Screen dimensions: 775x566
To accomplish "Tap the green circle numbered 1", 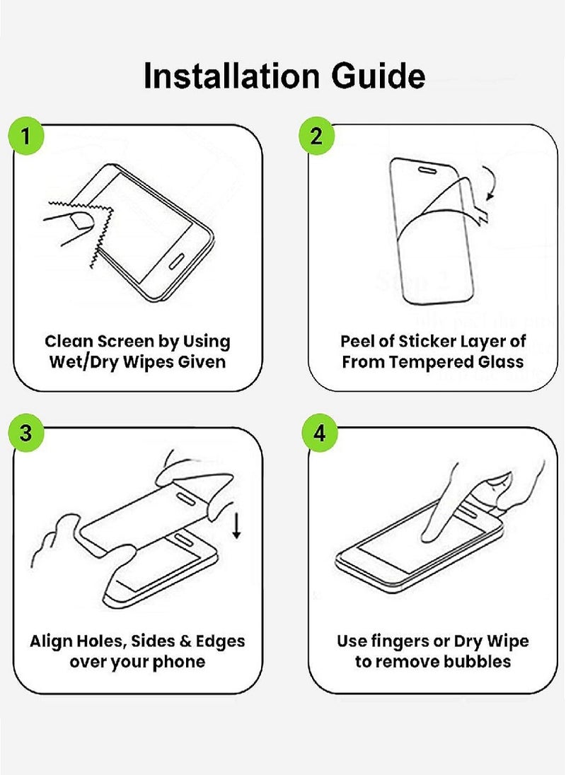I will click(25, 136).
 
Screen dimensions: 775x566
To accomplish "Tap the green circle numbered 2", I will click(316, 136).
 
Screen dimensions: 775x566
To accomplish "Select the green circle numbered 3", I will click(25, 433).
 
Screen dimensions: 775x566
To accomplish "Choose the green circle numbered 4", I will click(319, 433).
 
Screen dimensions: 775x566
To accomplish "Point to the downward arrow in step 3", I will click(236, 525).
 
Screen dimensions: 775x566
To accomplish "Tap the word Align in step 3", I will click(52, 641).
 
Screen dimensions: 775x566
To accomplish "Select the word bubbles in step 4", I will click(477, 663).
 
